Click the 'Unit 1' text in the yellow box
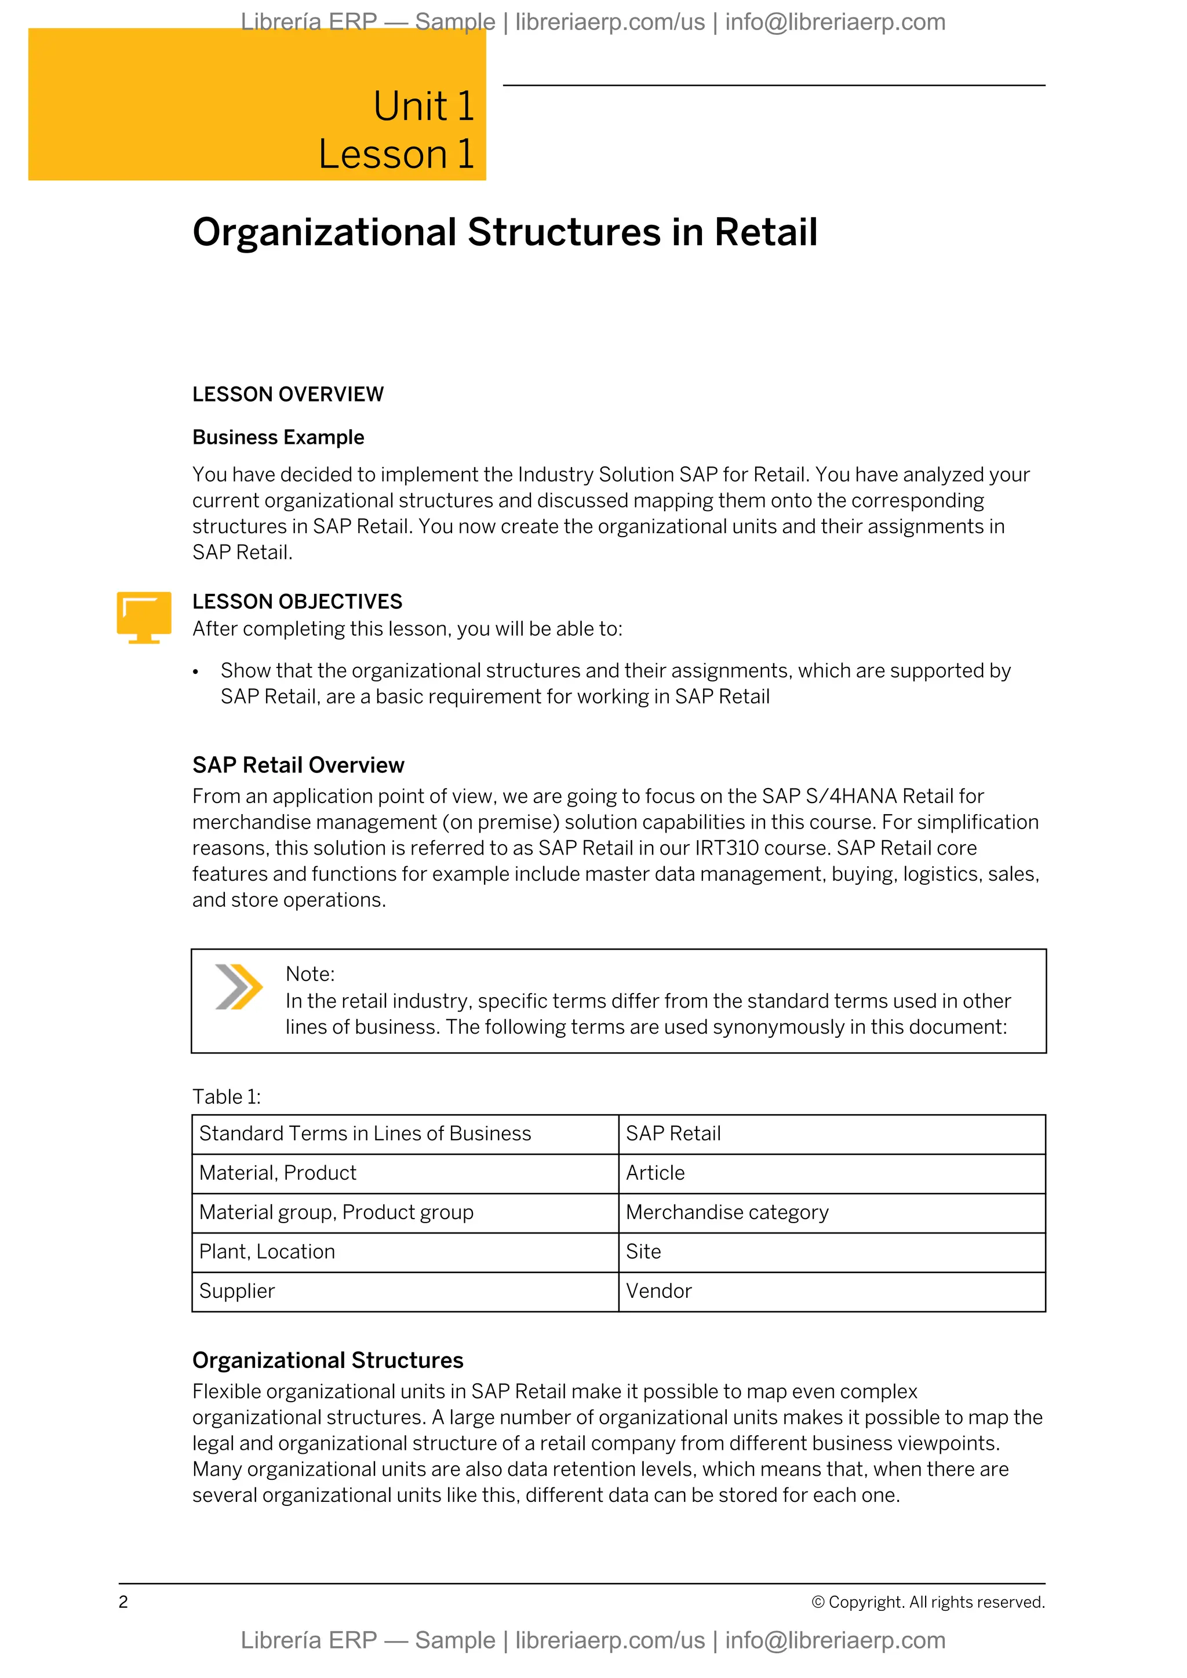pos(423,106)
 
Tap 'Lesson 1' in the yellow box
pos(395,154)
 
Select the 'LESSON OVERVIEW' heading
pos(287,395)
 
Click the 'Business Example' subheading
pos(278,437)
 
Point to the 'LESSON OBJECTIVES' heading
pos(297,601)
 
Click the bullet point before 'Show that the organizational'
pos(196,672)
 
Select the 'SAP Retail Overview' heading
pos(298,765)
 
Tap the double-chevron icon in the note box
pos(238,987)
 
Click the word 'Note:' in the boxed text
pos(310,974)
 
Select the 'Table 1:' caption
pos(227,1096)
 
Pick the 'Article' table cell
pos(655,1173)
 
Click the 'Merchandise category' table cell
pos(727,1213)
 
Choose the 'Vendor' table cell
pos(658,1292)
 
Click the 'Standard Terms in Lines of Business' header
pos(365,1133)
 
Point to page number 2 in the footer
pos(123,1602)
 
